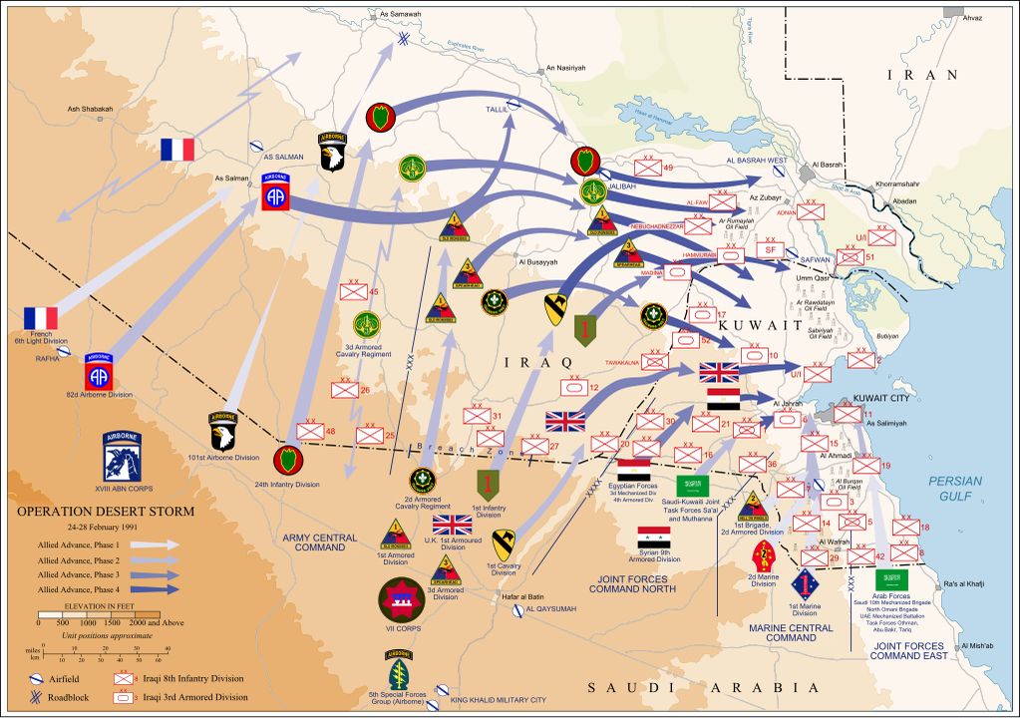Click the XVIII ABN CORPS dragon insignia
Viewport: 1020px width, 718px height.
(123, 457)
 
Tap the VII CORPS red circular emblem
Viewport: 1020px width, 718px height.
(402, 599)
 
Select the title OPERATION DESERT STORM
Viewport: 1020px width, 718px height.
(105, 513)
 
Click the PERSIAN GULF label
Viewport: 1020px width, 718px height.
(955, 488)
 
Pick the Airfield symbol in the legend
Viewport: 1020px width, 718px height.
(41, 678)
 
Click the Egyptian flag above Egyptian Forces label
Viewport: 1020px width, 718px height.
(633, 469)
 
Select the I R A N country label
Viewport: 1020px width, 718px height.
(922, 75)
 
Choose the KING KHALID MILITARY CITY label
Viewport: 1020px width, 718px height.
(499, 700)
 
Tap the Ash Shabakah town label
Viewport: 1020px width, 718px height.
(90, 109)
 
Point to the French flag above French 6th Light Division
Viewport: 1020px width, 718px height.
(41, 318)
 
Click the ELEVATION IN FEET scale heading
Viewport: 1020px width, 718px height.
(97, 605)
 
